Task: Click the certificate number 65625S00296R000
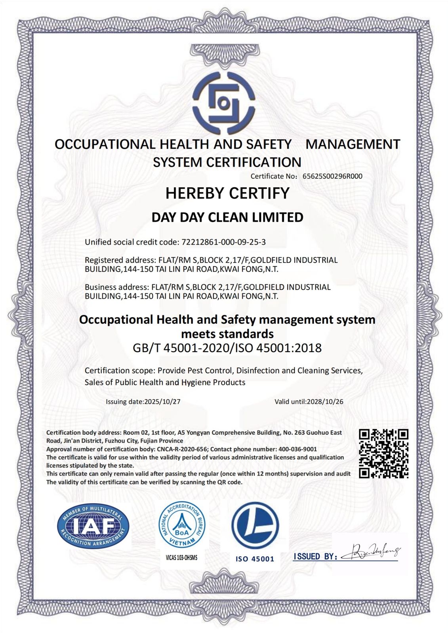pyautogui.click(x=332, y=176)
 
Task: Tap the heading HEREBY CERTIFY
pyautogui.click(x=227, y=193)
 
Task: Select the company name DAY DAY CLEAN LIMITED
pyautogui.click(x=227, y=217)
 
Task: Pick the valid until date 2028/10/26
pyautogui.click(x=325, y=401)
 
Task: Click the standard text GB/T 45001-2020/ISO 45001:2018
pyautogui.click(x=227, y=348)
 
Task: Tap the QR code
pyautogui.click(x=383, y=453)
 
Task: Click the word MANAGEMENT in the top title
pyautogui.click(x=353, y=144)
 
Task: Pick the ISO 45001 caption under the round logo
pyautogui.click(x=255, y=559)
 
